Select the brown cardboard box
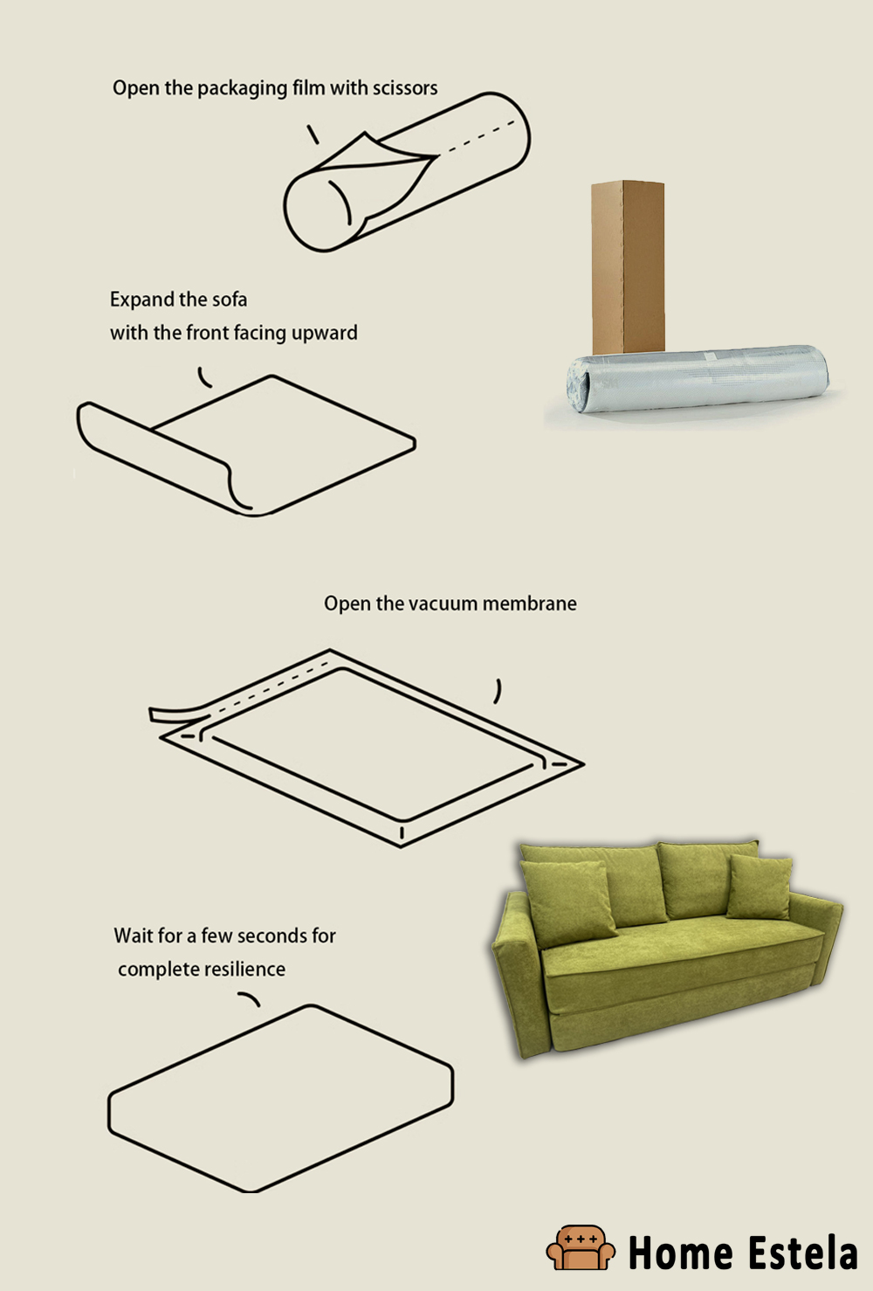point(628,266)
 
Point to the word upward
point(324,333)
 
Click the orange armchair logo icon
point(580,1247)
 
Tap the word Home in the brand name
point(680,1253)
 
